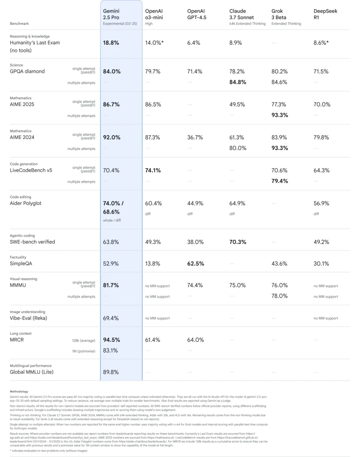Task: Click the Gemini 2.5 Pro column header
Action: [111, 14]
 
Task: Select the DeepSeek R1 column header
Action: [326, 14]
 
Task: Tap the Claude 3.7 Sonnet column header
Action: [242, 14]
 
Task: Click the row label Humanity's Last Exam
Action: [35, 43]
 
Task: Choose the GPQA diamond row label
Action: [27, 72]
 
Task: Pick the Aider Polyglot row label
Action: [26, 203]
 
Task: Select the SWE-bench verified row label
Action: [32, 242]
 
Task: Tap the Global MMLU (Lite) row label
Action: [32, 372]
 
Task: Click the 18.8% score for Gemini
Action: [111, 43]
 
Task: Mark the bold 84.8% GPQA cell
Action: [238, 82]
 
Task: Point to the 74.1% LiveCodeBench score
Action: [153, 171]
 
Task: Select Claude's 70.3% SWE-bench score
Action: [238, 242]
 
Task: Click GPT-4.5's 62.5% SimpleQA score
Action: [196, 264]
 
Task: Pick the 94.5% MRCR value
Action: [112, 340]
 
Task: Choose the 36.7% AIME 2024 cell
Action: [195, 138]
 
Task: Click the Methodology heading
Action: [19, 391]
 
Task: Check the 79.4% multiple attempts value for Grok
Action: [280, 181]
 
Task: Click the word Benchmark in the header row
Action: [19, 24]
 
